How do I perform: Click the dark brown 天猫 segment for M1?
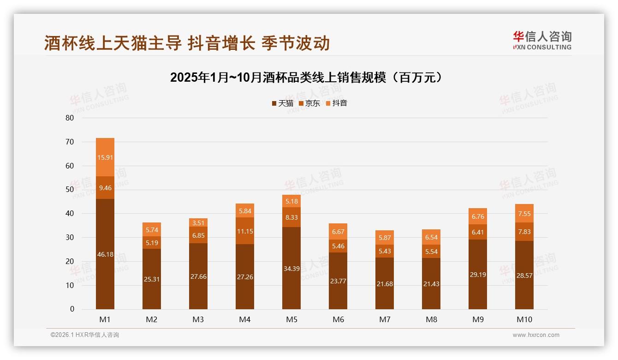click(105, 254)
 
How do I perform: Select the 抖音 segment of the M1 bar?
click(105, 157)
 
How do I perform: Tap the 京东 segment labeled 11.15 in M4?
click(245, 231)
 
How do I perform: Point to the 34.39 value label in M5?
click(291, 268)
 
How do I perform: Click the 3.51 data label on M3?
click(198, 223)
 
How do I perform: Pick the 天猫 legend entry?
click(282, 103)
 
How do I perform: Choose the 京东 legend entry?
click(309, 103)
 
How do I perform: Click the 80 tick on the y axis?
click(70, 118)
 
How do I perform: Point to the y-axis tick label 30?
click(70, 237)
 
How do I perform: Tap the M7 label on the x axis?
click(385, 319)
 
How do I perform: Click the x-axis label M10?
click(524, 319)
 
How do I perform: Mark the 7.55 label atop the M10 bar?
click(524, 214)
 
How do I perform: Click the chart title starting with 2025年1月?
click(309, 77)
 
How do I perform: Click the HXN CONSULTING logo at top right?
click(542, 40)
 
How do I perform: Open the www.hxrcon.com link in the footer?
click(536, 335)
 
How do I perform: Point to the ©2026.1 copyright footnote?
click(85, 335)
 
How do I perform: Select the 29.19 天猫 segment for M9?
click(478, 274)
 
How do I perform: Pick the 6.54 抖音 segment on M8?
click(431, 237)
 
